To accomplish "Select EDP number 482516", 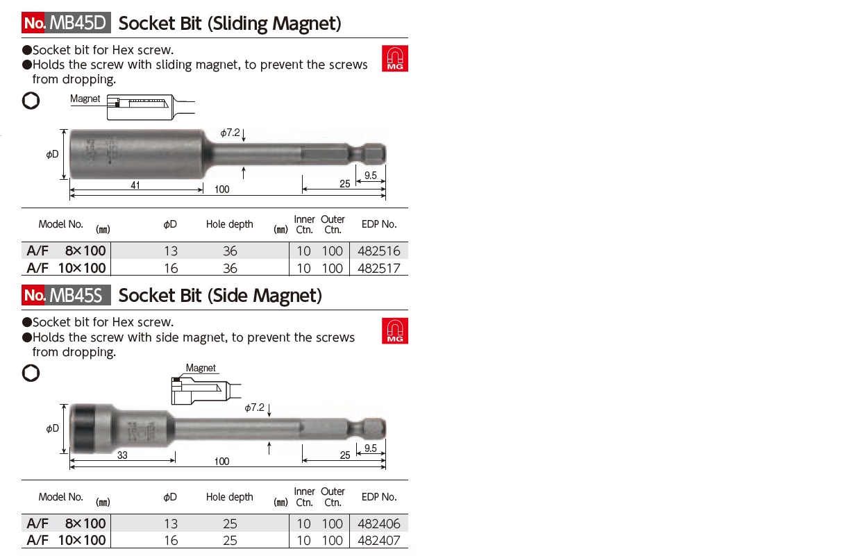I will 378,251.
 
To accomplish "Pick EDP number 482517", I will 378,268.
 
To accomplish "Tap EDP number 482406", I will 378,523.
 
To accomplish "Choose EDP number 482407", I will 378,540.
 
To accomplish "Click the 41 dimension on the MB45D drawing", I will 135,185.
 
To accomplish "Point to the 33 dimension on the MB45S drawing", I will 122,455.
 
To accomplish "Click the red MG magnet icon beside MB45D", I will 395,58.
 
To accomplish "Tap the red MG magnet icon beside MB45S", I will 395,330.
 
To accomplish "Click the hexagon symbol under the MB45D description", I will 31,101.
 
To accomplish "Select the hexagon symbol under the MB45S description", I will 31,373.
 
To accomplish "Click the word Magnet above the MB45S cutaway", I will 201,368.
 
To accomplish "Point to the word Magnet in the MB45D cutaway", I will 85,99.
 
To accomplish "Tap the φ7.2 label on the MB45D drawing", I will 229,133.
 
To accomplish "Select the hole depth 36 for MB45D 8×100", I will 230,251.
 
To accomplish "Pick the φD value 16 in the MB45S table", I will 170,540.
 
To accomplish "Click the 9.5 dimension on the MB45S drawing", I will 370,448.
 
